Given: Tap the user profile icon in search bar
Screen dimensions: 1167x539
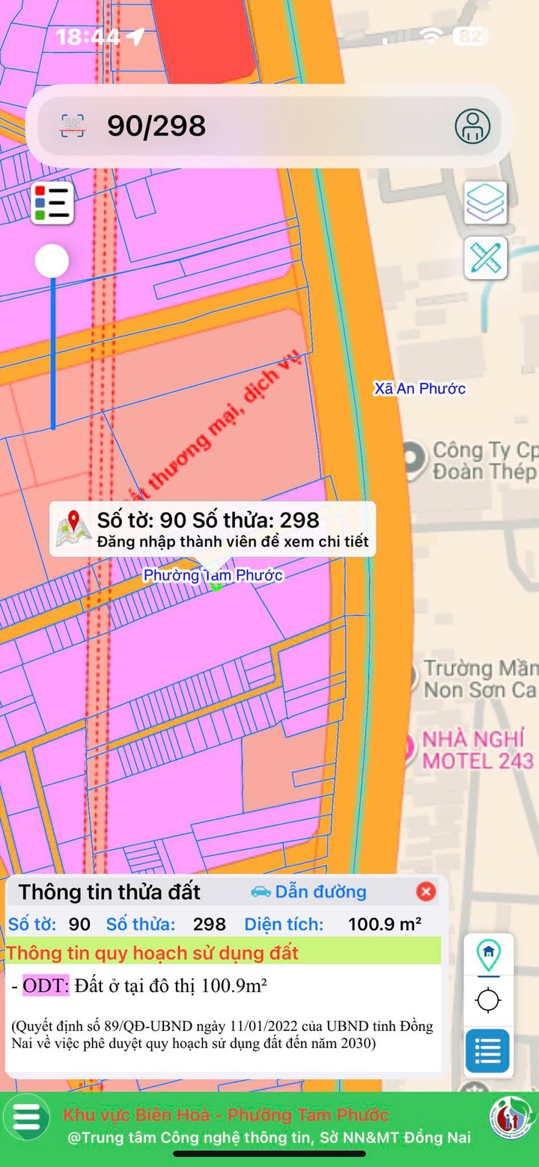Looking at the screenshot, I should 472,126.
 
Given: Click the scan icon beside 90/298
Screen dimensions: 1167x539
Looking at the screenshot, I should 73,126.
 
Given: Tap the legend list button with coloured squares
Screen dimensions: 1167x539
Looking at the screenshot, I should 52,203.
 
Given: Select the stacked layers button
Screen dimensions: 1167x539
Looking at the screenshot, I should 486,202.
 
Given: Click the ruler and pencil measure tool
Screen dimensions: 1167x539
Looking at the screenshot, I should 486,258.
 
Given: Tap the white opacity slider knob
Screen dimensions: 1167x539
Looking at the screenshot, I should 52,262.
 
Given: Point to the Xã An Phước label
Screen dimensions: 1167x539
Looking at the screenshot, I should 420,388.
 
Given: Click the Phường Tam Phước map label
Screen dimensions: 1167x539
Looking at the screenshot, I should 213,575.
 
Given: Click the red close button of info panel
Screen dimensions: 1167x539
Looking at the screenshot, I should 425,891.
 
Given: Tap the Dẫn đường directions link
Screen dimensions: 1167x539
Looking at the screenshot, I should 308,892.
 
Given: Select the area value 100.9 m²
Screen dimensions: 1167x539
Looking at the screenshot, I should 384,924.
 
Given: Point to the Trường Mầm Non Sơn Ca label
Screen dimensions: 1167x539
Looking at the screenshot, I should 480,679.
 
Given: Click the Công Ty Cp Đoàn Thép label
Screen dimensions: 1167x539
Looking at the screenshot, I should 484,461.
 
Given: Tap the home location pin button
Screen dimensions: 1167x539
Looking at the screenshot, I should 488,954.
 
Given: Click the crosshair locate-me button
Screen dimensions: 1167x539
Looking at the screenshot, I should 488,999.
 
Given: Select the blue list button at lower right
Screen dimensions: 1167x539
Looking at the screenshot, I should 488,1051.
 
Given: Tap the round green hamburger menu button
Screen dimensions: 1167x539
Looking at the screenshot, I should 27,1117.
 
